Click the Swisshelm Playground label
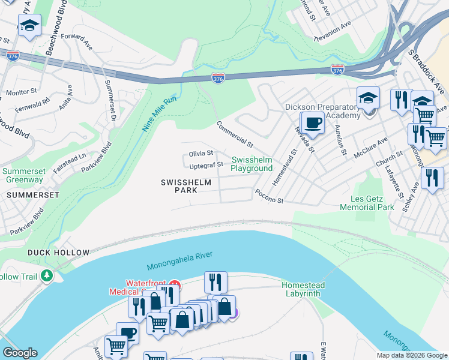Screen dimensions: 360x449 point(252,164)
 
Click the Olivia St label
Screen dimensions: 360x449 point(201,154)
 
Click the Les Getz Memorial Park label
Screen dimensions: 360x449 point(367,203)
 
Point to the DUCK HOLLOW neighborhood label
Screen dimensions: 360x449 point(58,253)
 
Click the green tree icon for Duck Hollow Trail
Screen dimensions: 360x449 point(46,276)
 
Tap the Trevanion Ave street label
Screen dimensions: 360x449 point(334,32)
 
